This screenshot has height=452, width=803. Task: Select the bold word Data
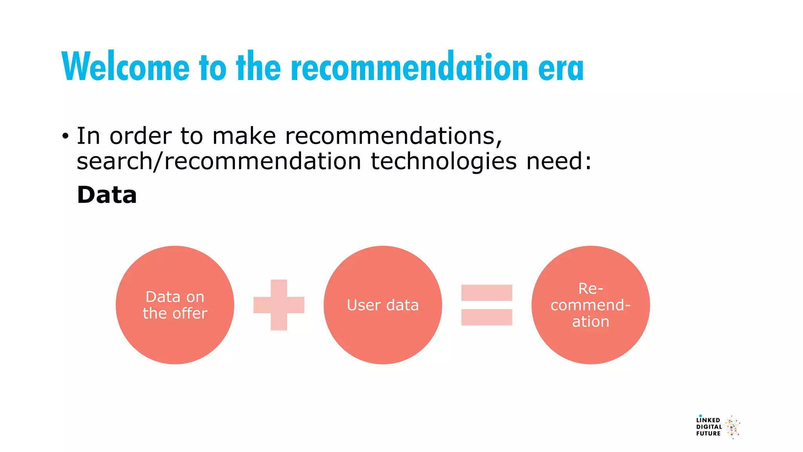coord(107,195)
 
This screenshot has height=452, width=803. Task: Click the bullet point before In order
coord(65,137)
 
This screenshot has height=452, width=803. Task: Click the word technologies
coord(443,161)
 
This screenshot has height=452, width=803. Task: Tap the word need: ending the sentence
coord(559,161)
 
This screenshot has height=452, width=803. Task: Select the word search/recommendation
coord(218,161)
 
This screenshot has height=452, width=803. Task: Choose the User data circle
coord(383,337)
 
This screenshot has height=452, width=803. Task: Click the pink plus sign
coord(279,305)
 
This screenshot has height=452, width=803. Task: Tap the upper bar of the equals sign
coord(487,293)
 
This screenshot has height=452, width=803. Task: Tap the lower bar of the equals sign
coord(487,317)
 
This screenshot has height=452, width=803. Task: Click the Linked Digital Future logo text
coord(709,427)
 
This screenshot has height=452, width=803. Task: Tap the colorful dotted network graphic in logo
coord(732,427)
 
